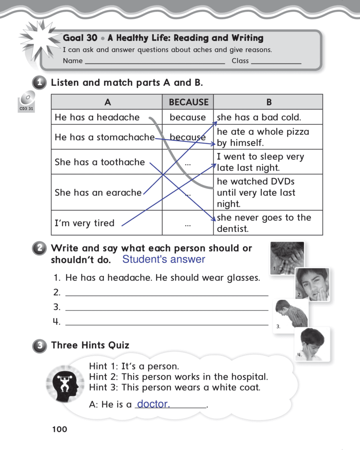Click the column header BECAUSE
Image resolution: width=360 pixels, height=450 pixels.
(189, 102)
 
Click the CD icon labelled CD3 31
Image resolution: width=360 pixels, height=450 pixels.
(27, 99)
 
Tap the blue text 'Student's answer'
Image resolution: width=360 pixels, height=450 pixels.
(163, 259)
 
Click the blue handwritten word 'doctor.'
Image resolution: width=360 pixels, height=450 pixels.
(153, 404)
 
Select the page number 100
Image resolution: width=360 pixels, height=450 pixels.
(59, 429)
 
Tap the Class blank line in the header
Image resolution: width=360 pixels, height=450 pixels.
(276, 62)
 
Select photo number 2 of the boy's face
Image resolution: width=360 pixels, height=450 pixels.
(312, 283)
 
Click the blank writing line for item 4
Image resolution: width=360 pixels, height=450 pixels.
(166, 322)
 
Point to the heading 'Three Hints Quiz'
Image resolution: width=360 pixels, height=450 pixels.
(90, 345)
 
